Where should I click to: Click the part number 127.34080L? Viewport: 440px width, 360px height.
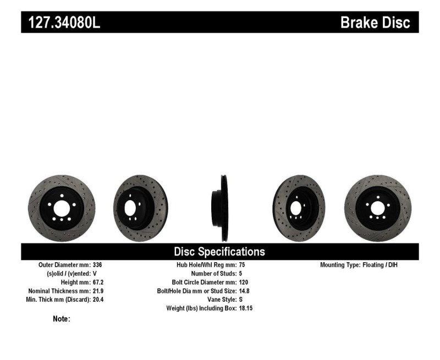click(x=61, y=23)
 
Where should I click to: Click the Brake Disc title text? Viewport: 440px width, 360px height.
click(x=375, y=23)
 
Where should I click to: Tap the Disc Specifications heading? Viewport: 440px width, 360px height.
click(x=219, y=252)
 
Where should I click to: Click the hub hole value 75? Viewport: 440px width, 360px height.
click(x=243, y=265)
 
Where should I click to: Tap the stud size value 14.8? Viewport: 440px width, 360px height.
click(x=245, y=291)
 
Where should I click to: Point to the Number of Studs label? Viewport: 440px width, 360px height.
click(x=213, y=274)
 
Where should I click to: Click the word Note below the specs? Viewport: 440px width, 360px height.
click(x=61, y=319)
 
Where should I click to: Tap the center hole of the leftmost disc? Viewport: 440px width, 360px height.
click(x=62, y=208)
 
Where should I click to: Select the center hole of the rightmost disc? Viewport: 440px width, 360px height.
click(x=377, y=208)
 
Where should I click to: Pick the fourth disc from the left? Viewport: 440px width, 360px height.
click(x=298, y=208)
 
